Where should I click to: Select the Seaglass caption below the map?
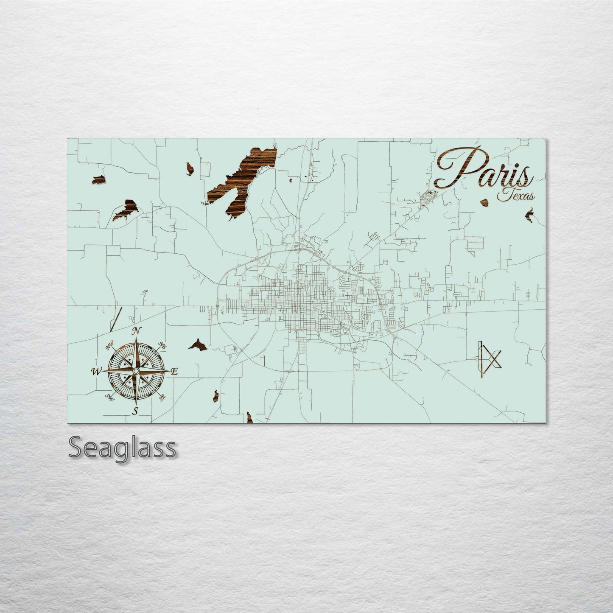(122, 448)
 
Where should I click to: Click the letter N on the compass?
(136, 331)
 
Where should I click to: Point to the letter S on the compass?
(136, 410)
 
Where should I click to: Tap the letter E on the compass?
(174, 372)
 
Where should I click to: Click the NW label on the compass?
(109, 347)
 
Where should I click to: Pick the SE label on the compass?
(162, 397)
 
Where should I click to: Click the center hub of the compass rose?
(135, 371)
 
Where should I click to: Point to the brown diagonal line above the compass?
(116, 319)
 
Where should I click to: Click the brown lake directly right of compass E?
(198, 344)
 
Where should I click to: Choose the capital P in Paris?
(456, 168)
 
